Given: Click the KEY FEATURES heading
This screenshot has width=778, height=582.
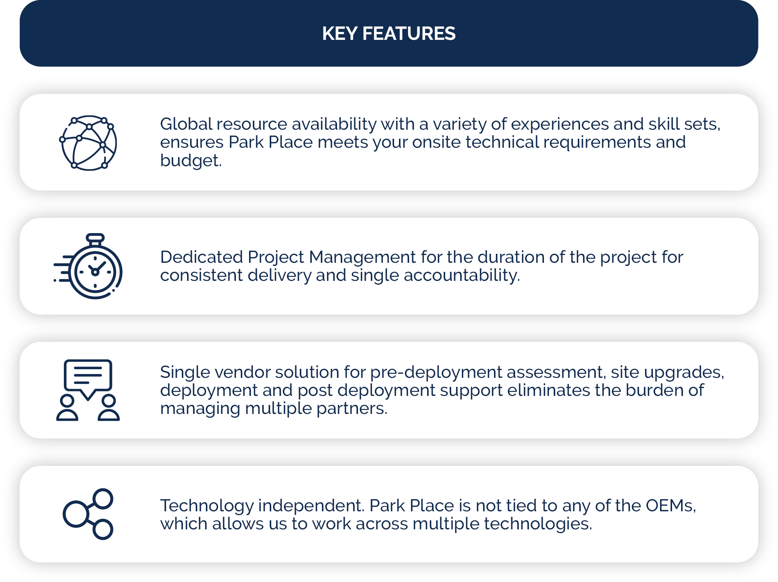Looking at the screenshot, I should [x=389, y=33].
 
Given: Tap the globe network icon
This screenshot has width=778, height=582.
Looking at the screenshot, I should [x=89, y=143].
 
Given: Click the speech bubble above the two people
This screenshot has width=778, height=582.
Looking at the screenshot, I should [x=88, y=376].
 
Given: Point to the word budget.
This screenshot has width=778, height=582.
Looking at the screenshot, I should [x=190, y=161].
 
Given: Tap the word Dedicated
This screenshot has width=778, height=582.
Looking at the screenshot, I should [x=201, y=257].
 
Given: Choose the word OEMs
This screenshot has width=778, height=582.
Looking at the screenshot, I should [x=670, y=506].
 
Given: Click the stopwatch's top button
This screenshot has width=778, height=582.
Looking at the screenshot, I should [x=95, y=238].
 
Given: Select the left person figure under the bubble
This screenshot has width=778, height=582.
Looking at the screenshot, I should [x=67, y=408].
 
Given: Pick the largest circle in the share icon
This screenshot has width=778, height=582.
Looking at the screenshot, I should [x=76, y=514].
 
